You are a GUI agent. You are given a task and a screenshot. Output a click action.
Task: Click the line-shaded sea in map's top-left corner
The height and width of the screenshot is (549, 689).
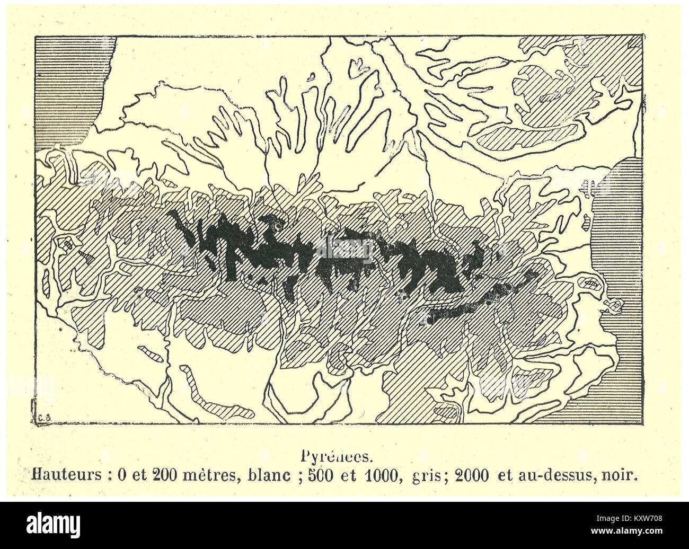(x=72, y=90)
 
